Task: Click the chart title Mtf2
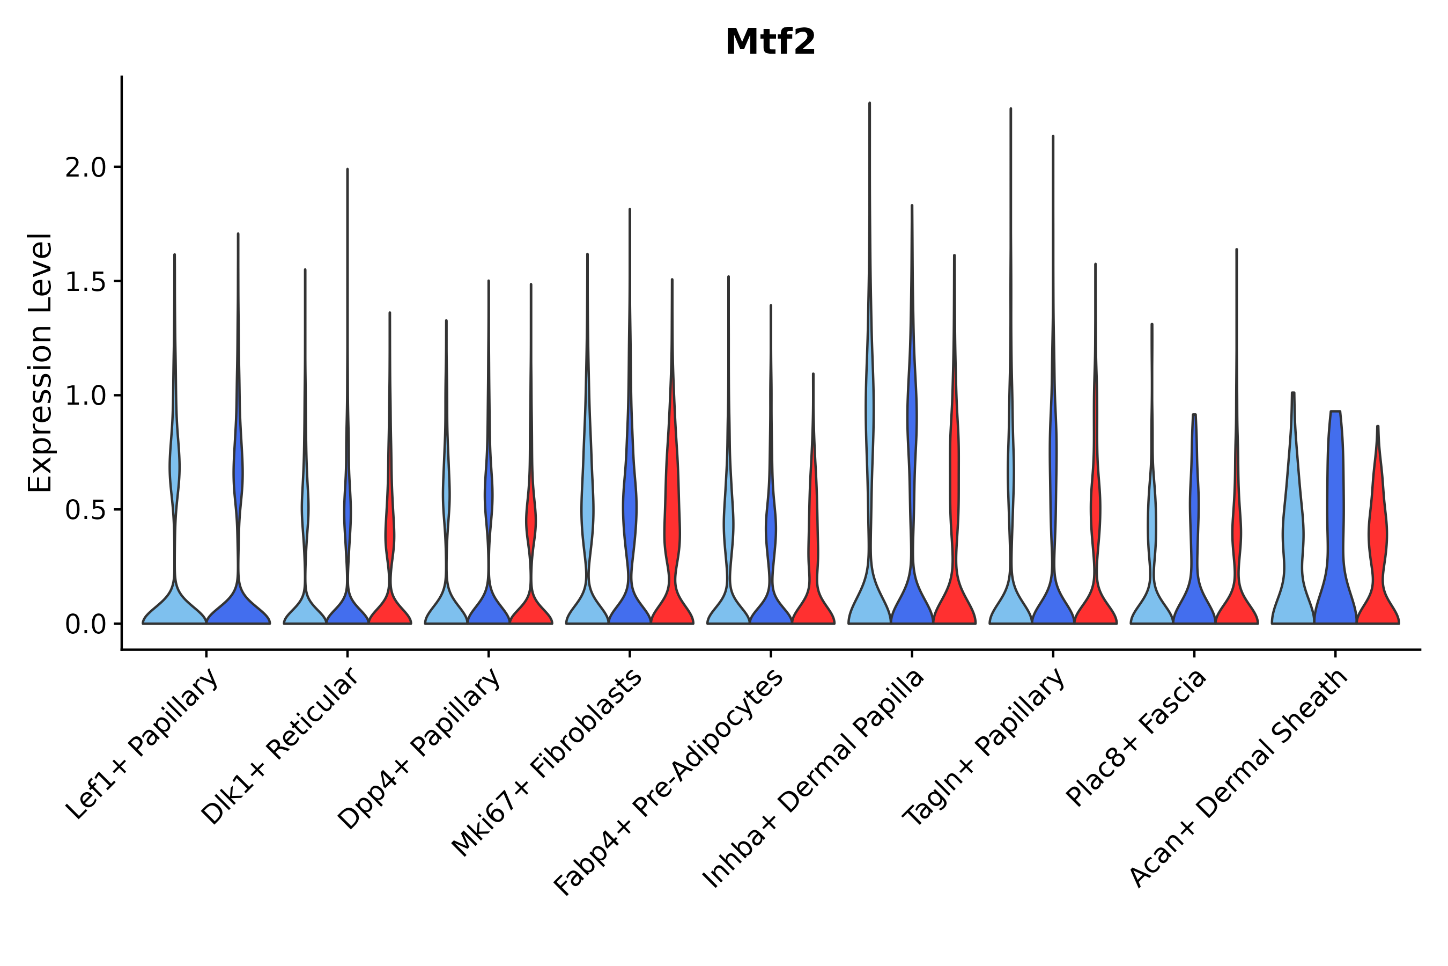770,42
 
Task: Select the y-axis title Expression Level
40,362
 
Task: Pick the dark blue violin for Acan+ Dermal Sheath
1335,524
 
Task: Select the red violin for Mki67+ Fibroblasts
673,524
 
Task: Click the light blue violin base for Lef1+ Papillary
174,610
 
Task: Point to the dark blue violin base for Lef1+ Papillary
238,610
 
